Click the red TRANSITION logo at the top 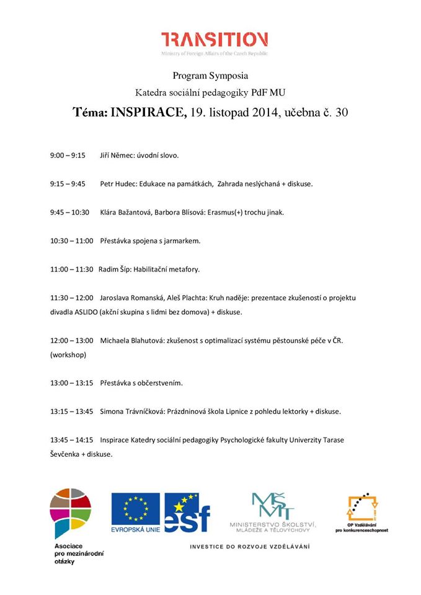coord(214,40)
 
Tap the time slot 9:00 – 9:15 coord(68,156)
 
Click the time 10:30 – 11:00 coord(71,241)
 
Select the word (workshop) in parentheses coord(68,355)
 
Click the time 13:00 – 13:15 coord(71,383)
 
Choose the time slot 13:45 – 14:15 coord(71,440)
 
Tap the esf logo coord(187,513)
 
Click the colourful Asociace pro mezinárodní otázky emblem coord(71,511)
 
